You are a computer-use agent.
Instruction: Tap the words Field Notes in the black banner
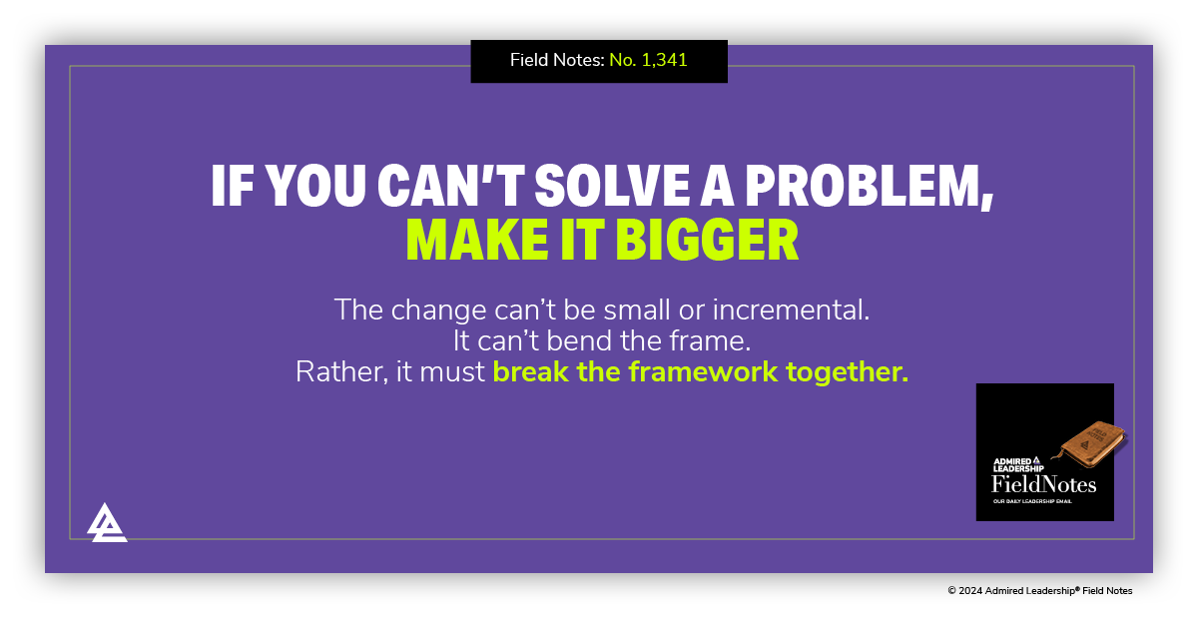pos(555,60)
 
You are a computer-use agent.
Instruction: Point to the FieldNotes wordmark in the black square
pos(1043,484)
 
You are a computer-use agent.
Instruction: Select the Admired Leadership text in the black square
pos(1018,464)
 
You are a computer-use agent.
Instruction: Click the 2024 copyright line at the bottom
pos(1039,591)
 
